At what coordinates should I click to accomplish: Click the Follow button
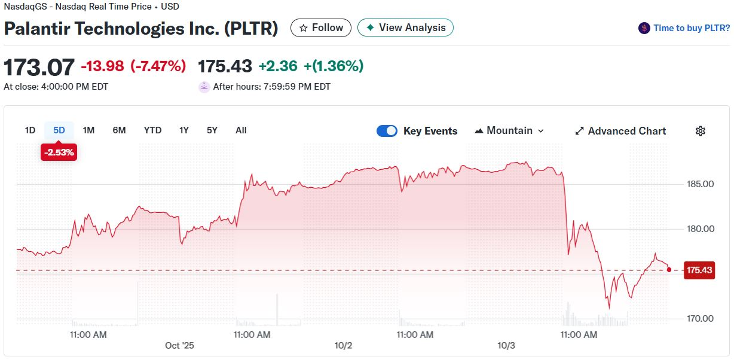tap(321, 28)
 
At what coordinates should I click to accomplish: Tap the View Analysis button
tap(405, 28)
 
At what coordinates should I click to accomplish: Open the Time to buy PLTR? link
tap(684, 28)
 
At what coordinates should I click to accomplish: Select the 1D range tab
tap(30, 130)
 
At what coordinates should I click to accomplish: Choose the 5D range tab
tap(59, 130)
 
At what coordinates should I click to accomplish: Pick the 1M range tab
tap(88, 130)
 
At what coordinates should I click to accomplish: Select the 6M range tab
tap(119, 130)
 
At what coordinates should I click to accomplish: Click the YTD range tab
tap(152, 130)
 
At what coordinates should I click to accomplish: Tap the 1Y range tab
tap(184, 130)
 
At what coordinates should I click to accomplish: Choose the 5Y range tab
tap(212, 130)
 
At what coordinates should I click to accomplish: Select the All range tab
tap(241, 130)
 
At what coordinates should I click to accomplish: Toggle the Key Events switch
tap(387, 131)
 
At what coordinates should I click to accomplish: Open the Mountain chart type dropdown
tap(509, 131)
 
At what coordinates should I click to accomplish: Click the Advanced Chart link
tap(620, 131)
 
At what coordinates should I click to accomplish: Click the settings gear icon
tap(701, 131)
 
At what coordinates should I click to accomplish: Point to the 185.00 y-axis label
tap(699, 184)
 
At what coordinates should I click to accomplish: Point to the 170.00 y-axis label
tap(699, 318)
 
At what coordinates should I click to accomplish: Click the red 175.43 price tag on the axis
tap(699, 270)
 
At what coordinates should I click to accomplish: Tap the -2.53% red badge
tap(59, 152)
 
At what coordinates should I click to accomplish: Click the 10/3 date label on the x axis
tap(506, 346)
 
